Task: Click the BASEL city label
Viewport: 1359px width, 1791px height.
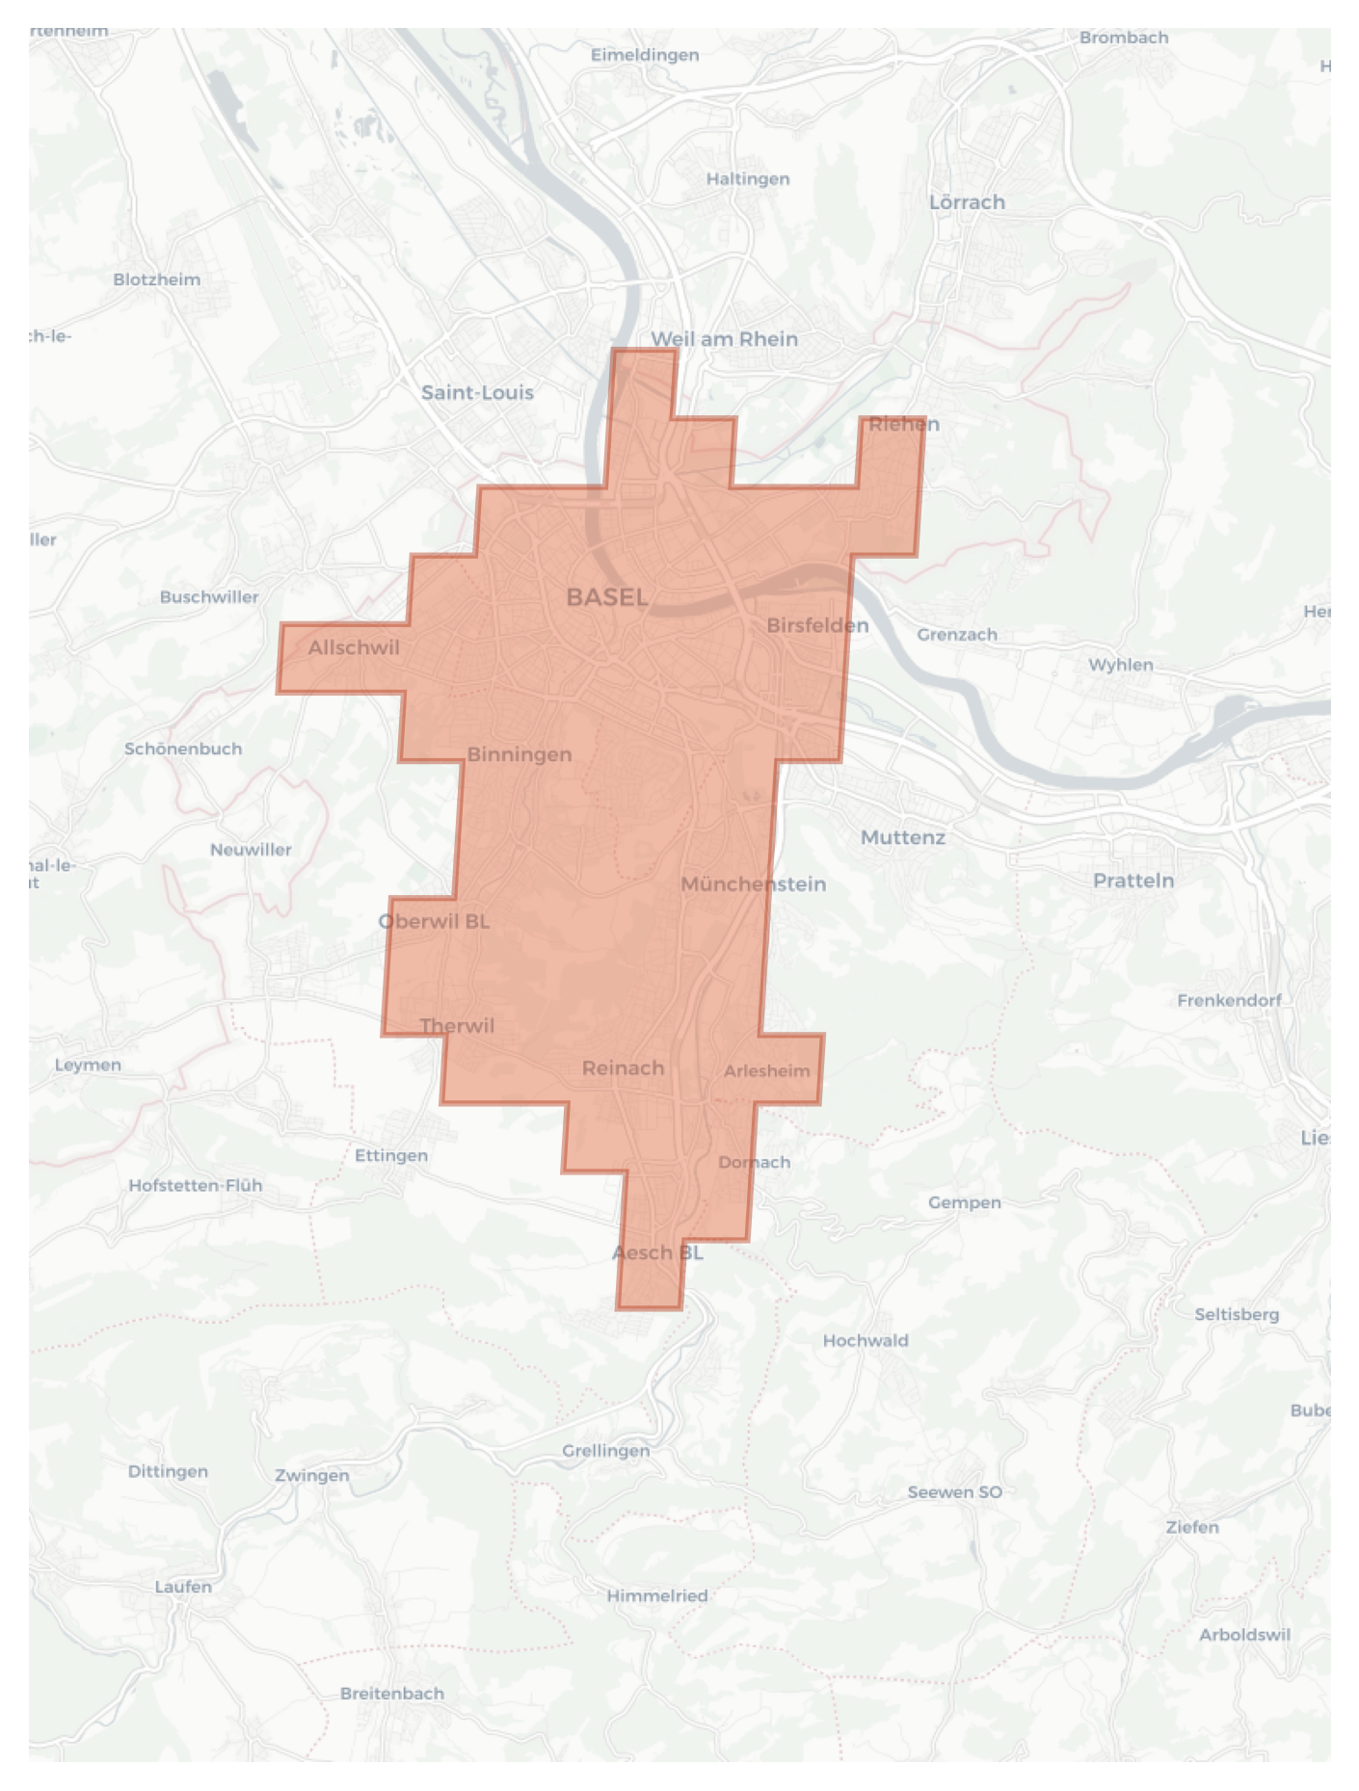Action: (606, 597)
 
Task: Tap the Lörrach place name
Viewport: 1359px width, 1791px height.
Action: (967, 202)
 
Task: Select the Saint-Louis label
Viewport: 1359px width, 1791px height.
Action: (477, 392)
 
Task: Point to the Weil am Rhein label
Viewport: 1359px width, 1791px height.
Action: (724, 339)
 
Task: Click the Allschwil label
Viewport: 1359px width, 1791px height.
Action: (353, 647)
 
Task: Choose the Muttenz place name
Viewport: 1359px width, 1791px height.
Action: (902, 837)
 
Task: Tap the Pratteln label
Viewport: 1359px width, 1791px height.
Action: (1133, 881)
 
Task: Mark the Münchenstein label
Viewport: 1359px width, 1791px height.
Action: (753, 883)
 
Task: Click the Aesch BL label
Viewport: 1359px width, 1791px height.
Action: (657, 1252)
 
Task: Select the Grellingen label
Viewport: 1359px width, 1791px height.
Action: (605, 1450)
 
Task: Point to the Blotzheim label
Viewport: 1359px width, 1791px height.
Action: (156, 279)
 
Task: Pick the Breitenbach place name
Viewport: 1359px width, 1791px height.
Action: (391, 1693)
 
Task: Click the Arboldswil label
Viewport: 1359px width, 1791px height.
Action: (1243, 1634)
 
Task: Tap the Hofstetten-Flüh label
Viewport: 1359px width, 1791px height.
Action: (195, 1185)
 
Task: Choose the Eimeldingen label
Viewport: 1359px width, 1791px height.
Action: (645, 55)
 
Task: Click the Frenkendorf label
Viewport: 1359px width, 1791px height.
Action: (1229, 1000)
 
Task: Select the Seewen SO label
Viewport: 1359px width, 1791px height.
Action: (954, 1491)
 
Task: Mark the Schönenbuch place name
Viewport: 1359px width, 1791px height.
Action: (182, 749)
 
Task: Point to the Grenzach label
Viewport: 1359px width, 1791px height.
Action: (956, 634)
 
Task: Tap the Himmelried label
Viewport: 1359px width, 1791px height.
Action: (656, 1595)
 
